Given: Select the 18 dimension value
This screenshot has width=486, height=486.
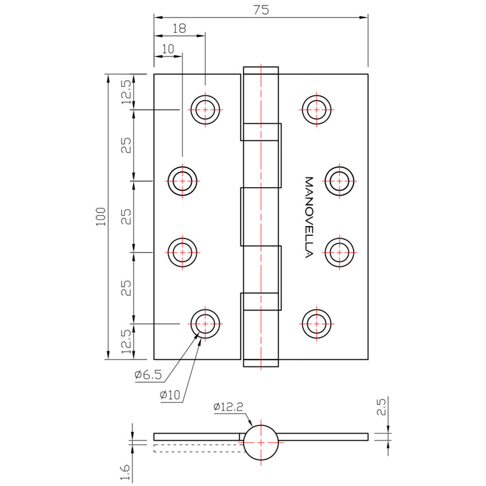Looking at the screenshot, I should (x=179, y=28).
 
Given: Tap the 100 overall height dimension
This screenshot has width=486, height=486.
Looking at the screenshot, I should (x=101, y=216).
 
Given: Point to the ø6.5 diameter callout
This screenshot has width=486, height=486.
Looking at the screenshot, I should (x=148, y=375).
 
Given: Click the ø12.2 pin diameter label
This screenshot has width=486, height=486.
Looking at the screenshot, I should (x=228, y=407).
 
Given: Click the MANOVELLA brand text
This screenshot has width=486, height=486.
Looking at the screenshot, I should (x=308, y=217).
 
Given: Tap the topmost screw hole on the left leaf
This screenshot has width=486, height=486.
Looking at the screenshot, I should (x=205, y=110).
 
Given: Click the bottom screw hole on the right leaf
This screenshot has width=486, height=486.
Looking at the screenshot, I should (x=316, y=323).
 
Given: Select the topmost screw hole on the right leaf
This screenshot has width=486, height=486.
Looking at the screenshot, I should (x=316, y=110).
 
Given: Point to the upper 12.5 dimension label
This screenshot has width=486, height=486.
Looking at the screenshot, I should (x=126, y=92).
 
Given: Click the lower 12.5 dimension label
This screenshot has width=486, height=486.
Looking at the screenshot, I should (x=126, y=341).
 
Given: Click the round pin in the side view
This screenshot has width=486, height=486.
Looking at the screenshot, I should (x=261, y=442).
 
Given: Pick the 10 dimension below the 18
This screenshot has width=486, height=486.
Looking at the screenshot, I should (x=168, y=49).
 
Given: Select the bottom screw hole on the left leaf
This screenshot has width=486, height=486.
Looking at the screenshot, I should (x=205, y=323).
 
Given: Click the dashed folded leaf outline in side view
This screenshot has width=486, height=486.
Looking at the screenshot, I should (x=197, y=448).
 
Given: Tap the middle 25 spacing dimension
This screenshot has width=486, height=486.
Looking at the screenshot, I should (x=126, y=216).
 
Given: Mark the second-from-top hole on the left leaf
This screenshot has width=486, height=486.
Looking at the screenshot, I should (x=182, y=180).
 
